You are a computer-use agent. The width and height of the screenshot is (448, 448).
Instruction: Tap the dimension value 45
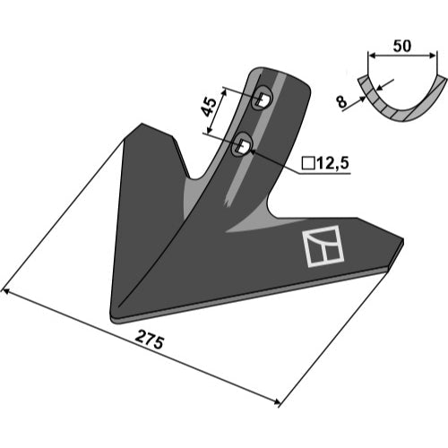click(x=210, y=107)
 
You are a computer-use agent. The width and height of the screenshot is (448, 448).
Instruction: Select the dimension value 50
click(x=402, y=46)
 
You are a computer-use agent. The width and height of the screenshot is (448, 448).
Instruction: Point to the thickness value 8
click(x=342, y=102)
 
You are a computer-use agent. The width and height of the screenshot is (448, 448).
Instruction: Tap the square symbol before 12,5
click(x=308, y=164)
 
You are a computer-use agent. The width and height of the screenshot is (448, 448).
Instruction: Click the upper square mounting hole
click(x=263, y=98)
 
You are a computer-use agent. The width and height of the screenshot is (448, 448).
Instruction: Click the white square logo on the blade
click(x=323, y=246)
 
